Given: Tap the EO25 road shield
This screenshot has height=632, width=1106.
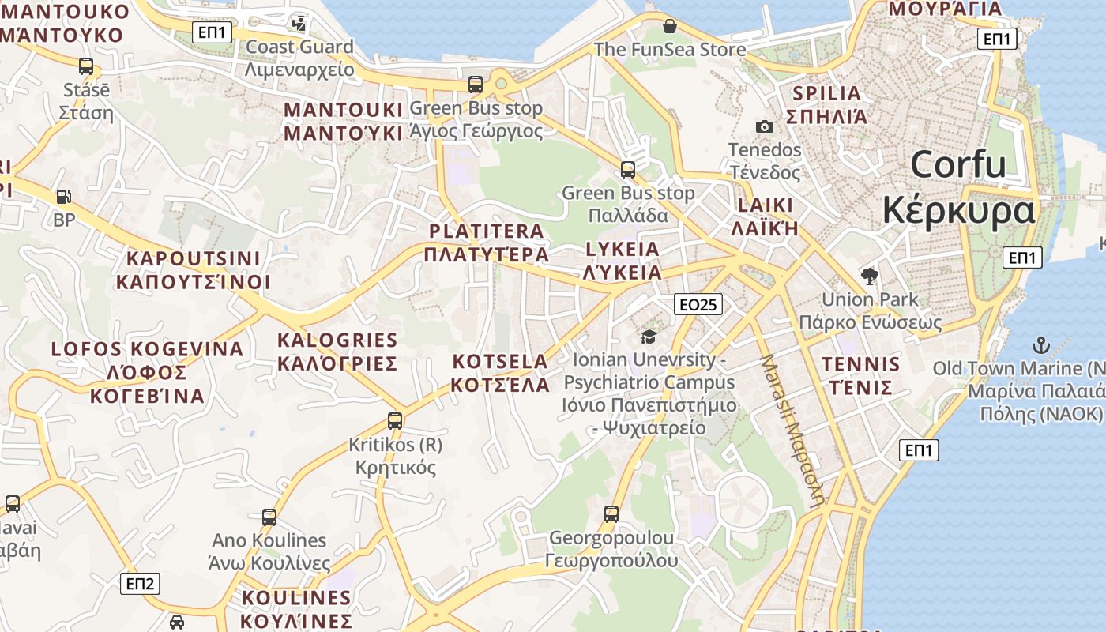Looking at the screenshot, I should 699,304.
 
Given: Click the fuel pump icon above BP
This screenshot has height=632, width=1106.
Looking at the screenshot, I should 63,196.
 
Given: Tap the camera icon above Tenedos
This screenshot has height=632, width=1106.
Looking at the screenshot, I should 764,126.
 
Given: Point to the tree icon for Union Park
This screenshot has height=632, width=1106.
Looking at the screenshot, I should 870,276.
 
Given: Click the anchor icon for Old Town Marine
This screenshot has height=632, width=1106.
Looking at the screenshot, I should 1040,344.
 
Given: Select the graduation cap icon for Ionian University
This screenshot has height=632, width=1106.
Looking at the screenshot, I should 649,337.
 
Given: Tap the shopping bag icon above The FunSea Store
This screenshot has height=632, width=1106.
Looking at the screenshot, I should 670,26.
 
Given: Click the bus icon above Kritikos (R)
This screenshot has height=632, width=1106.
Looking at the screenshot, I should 395,421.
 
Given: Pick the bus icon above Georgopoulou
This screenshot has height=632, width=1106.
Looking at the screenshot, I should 611,514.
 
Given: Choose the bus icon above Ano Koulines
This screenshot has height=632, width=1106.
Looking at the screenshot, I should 269,517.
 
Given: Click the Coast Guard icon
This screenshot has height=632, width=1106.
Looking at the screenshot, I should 299,24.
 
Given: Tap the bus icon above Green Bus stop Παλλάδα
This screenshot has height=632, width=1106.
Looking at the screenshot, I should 628,169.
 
